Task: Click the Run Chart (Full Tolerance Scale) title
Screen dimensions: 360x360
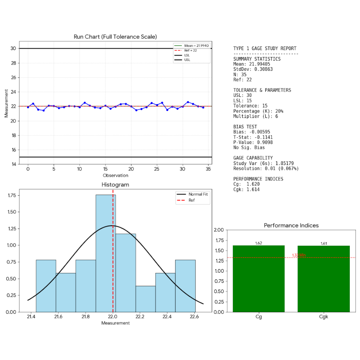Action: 115,37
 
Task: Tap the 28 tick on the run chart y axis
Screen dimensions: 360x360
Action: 13,63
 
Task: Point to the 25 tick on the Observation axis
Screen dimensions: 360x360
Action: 157,169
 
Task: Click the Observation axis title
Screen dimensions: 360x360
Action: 115,175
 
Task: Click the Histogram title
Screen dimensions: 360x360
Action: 115,185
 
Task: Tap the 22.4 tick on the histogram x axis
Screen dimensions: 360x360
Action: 167,316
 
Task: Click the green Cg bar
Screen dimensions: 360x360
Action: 259,279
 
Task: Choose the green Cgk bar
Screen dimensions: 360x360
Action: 323,279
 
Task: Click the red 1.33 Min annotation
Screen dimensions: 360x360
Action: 299,255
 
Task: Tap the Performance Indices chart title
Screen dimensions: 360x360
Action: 291,226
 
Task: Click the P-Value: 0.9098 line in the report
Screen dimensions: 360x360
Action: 253,142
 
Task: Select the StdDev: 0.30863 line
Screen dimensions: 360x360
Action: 253,69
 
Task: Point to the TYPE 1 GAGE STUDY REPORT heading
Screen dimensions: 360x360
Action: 265,49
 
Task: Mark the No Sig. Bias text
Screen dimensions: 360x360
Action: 249,148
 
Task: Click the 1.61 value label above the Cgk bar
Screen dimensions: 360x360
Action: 324,244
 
